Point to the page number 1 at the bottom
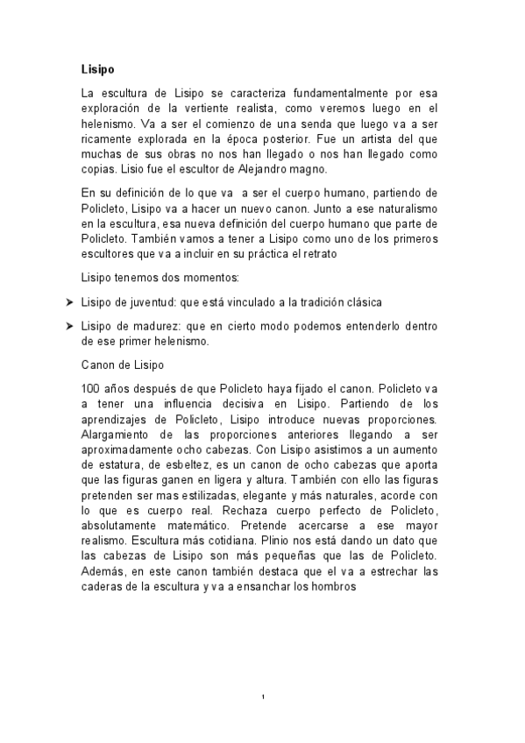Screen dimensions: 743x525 [x=263, y=697]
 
